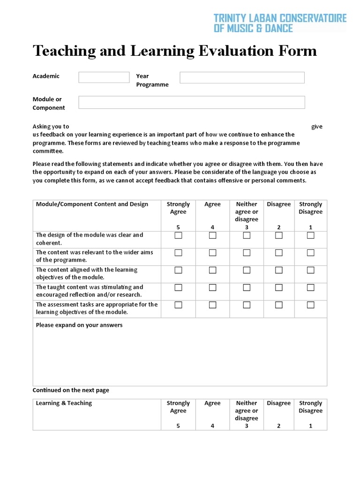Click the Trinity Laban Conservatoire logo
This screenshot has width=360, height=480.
(280, 23)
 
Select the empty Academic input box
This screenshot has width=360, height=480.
(104, 77)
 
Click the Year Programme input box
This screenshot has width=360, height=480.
(242, 77)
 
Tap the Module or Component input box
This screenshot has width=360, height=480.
(191, 102)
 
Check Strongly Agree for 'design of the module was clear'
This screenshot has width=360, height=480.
(178, 235)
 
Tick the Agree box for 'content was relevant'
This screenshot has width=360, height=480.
(212, 253)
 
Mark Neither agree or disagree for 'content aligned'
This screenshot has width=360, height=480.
(247, 270)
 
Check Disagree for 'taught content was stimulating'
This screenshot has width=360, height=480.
(279, 287)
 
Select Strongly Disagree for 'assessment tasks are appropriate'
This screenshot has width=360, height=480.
(310, 305)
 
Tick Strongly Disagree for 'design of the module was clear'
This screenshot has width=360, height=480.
(310, 235)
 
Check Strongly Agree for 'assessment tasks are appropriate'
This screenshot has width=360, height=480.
(178, 305)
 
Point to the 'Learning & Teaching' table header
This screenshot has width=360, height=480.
(64, 403)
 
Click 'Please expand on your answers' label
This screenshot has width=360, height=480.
(79, 325)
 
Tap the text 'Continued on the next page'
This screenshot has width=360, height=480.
(71, 390)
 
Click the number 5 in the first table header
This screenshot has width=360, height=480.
(178, 227)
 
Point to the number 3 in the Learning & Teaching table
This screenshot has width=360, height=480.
(247, 426)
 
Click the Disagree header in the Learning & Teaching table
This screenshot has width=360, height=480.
(279, 403)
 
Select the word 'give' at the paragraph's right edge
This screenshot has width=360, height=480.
(317, 127)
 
